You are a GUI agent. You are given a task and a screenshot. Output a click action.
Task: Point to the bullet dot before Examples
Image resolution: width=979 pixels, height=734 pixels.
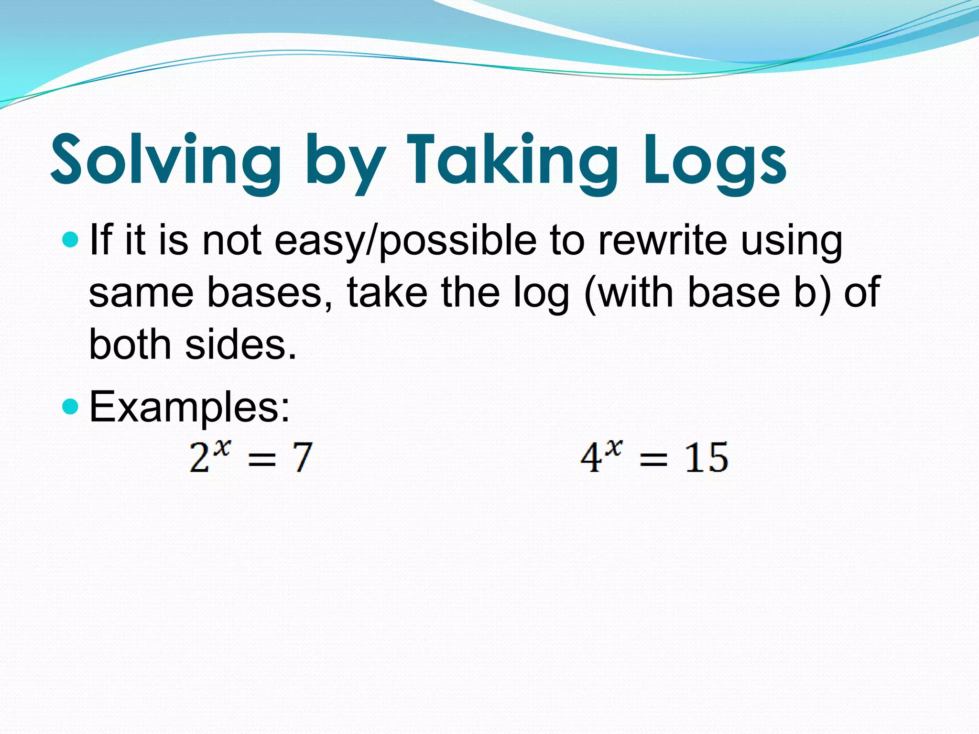click(x=70, y=407)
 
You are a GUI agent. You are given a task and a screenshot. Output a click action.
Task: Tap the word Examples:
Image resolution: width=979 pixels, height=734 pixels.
click(x=189, y=407)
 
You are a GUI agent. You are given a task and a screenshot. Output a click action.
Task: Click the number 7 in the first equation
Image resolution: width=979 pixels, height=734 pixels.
click(x=302, y=457)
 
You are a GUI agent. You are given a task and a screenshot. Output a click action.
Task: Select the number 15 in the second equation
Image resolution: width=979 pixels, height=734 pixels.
click(x=706, y=457)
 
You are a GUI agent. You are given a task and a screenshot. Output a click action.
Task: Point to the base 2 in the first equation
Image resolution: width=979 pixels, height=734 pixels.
click(x=199, y=458)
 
